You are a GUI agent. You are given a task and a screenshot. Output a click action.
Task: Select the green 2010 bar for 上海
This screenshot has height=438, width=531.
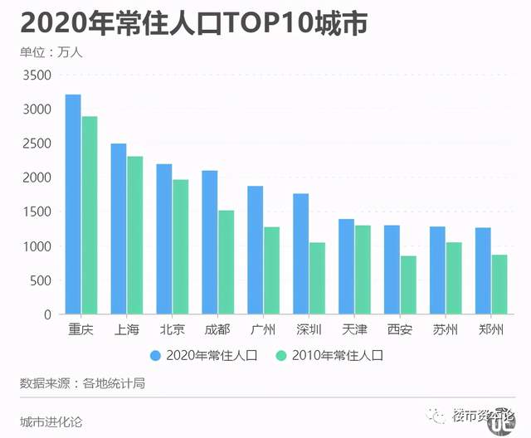point(135,236)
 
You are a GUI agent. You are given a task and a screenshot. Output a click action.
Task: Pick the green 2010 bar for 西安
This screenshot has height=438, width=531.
point(407,285)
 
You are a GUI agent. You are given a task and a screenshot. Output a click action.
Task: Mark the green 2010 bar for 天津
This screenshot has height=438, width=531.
point(363,270)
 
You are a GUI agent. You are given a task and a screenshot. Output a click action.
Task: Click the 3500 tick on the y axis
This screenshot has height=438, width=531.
point(37,75)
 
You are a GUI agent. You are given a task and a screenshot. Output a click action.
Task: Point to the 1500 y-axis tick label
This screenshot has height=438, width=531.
point(37,212)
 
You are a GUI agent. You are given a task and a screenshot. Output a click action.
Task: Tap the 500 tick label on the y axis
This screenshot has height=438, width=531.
point(41,281)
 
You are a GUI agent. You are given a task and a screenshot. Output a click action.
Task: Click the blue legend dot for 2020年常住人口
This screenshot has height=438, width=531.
point(155,355)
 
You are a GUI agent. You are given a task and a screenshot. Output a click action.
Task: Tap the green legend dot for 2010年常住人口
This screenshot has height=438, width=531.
point(280,355)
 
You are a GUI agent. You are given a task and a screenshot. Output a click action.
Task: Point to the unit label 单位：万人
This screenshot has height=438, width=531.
point(51,52)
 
